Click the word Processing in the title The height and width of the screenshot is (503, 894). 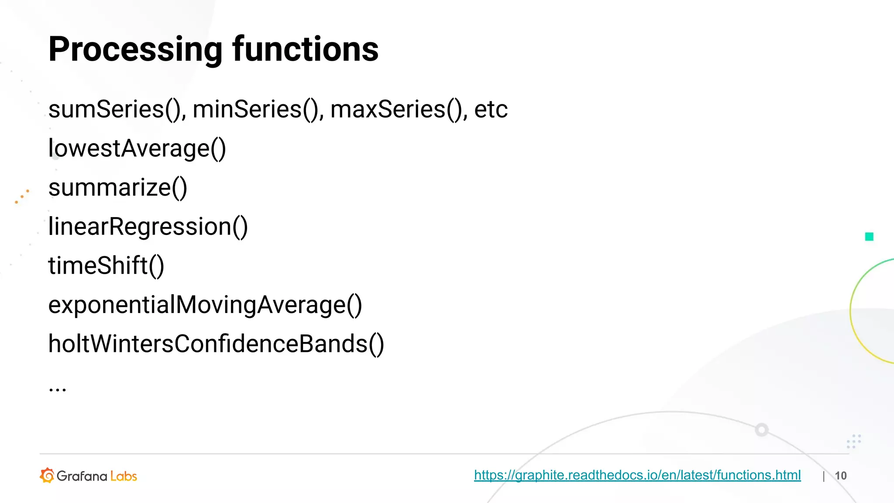[x=135, y=49]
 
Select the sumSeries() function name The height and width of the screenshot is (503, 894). [x=114, y=109]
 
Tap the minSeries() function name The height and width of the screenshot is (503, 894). [x=255, y=109]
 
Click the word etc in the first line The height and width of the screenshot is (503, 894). [x=491, y=109]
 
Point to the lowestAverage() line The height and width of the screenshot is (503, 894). [x=137, y=148]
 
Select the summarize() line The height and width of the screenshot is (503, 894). [x=118, y=188]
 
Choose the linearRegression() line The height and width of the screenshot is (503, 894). [x=148, y=227]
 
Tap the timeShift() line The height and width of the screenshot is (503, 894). [x=106, y=265]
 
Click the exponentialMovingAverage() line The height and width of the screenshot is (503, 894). [x=205, y=305]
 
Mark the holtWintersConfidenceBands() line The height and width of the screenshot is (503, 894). [x=216, y=344]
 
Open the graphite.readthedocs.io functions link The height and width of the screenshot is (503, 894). [x=637, y=475]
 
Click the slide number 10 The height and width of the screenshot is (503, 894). [x=840, y=475]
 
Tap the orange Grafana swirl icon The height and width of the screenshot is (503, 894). [x=47, y=475]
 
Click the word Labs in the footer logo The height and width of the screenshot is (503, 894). [x=124, y=476]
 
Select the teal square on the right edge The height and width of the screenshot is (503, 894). [x=869, y=237]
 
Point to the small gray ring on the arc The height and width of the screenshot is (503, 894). [x=762, y=430]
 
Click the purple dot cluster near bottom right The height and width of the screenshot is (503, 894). [x=853, y=441]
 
